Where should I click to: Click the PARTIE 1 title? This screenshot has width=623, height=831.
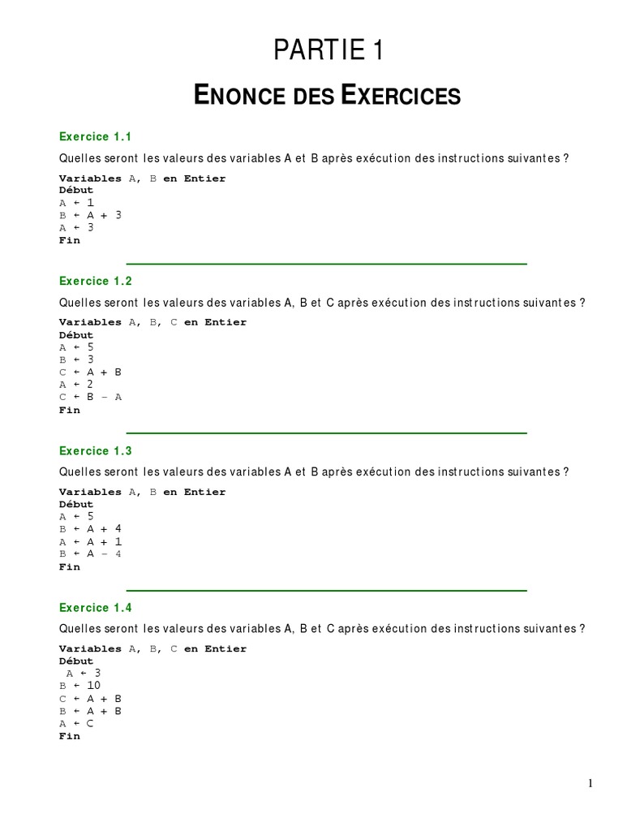tap(328, 51)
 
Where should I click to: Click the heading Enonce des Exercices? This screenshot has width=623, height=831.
tap(328, 96)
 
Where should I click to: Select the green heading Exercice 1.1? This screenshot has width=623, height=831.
tap(95, 136)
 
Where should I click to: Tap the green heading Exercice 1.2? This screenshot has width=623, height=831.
tap(95, 281)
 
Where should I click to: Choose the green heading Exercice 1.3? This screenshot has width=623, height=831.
tap(95, 450)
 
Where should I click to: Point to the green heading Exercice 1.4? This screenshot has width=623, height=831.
tap(95, 607)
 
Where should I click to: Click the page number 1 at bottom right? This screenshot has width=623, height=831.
tap(591, 783)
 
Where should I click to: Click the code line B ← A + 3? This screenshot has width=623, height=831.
tap(90, 215)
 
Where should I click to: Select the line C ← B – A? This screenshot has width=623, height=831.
tap(90, 397)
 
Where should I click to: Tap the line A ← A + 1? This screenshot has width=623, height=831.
tap(90, 541)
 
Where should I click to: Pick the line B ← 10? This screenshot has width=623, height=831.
tap(79, 686)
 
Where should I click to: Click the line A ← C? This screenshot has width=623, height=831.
tap(76, 723)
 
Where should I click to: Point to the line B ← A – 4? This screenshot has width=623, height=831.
tap(90, 553)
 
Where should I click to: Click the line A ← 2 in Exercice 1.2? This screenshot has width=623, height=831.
tap(76, 385)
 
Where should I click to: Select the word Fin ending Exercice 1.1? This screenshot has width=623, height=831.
tap(70, 240)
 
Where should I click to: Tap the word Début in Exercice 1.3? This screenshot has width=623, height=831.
tap(76, 504)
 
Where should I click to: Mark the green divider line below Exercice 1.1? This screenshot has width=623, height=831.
tap(327, 264)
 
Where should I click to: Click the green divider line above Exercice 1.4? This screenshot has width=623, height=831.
tap(327, 590)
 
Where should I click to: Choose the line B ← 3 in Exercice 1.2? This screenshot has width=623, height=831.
tap(76, 360)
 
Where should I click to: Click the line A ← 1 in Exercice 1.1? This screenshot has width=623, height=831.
tap(76, 203)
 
